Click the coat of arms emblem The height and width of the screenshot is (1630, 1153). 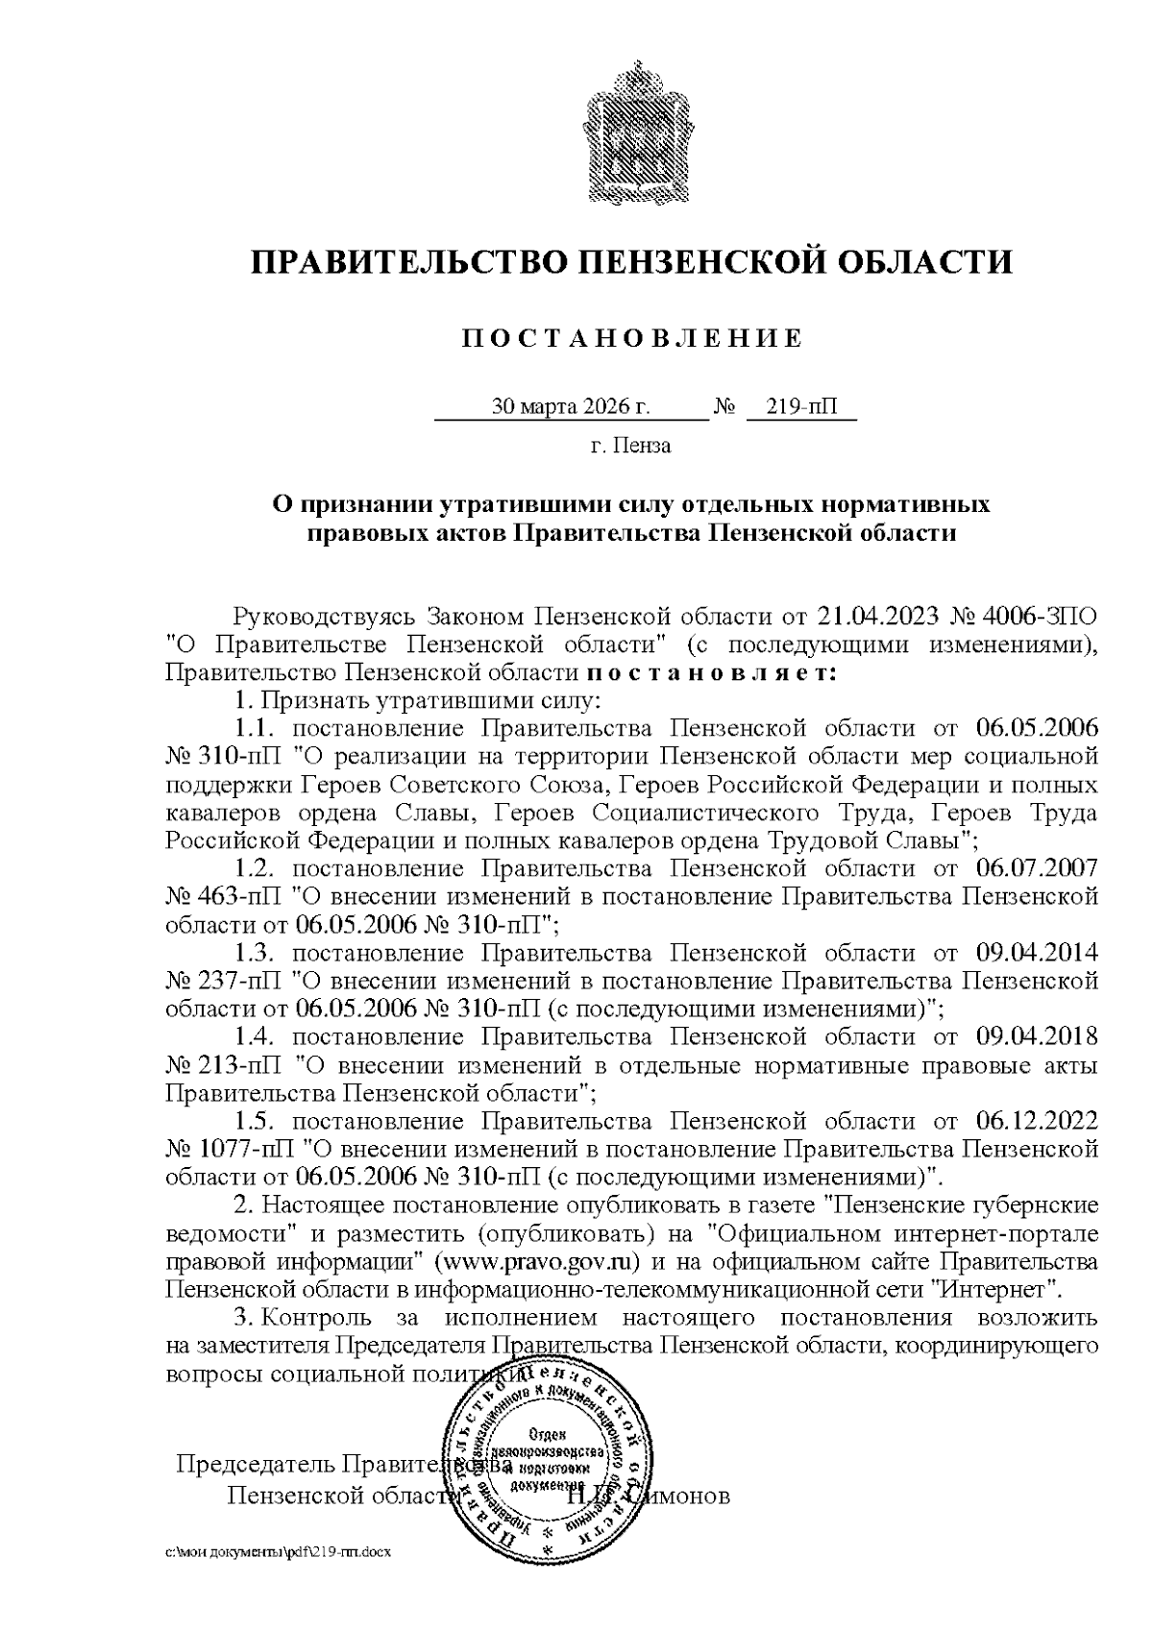pos(629,129)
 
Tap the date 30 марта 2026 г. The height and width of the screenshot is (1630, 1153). pos(571,407)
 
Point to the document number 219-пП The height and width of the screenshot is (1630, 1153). pos(799,407)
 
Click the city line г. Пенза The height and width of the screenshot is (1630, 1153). pos(630,446)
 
